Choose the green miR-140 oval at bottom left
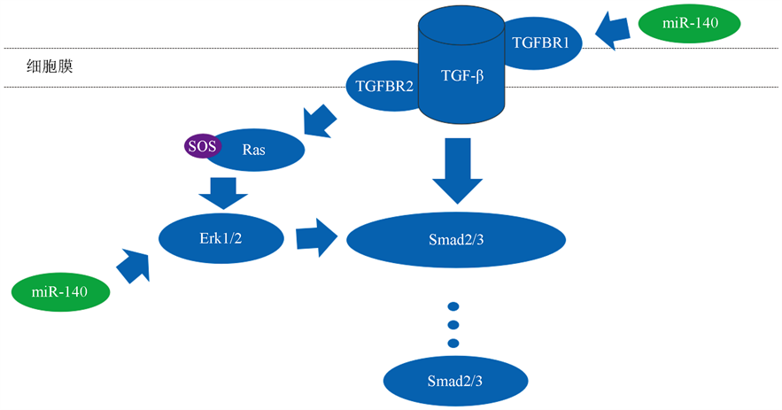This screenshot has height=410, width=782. click(60, 292)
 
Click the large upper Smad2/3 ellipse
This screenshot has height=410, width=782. click(455, 240)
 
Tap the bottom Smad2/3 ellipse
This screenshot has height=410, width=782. click(454, 382)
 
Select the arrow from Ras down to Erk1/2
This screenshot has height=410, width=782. click(223, 189)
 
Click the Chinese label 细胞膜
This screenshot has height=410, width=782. click(50, 67)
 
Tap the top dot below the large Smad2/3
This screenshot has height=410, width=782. click(453, 304)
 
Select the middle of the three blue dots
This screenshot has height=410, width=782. click(453, 323)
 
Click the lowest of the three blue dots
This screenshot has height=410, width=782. click(453, 343)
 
